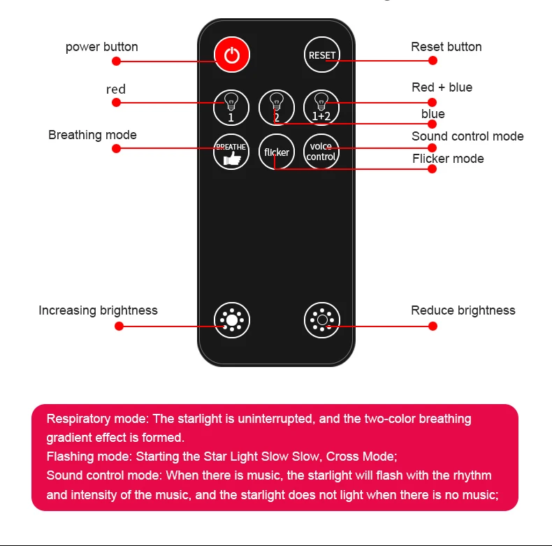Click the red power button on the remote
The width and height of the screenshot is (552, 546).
click(x=232, y=55)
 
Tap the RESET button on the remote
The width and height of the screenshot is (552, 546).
click(x=321, y=55)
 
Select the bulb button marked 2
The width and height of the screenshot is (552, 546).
click(x=277, y=107)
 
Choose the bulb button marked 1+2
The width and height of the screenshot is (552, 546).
click(x=321, y=107)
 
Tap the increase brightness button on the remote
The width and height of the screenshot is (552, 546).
click(x=232, y=321)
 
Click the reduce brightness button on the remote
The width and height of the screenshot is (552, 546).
click(x=321, y=321)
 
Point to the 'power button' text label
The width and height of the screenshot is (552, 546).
click(x=102, y=47)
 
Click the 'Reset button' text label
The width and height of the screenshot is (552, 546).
click(x=446, y=47)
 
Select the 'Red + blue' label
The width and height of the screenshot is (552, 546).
click(x=442, y=87)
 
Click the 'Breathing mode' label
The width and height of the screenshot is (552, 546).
click(x=92, y=135)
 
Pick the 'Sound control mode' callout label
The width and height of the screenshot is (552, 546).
click(x=467, y=136)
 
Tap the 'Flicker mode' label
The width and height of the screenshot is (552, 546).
click(x=448, y=159)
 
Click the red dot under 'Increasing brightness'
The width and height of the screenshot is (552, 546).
click(x=118, y=326)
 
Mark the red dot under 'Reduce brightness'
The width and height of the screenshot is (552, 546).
click(x=432, y=326)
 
